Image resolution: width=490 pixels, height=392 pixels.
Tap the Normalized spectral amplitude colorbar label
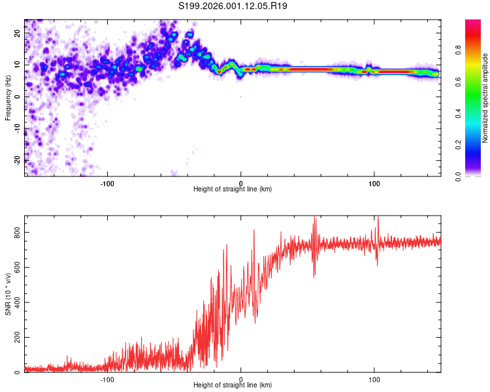point(485,98)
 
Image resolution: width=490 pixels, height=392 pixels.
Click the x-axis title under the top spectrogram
point(233,189)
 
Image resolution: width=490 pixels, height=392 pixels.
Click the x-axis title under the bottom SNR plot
point(233,385)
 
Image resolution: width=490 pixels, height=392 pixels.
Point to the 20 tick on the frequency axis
point(18,33)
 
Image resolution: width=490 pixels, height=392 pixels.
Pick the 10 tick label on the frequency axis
point(18,65)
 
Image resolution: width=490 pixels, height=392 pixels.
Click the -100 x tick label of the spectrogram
point(107,183)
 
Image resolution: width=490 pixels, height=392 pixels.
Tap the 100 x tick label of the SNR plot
point(374,379)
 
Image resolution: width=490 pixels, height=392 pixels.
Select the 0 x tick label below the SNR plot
point(241,379)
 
